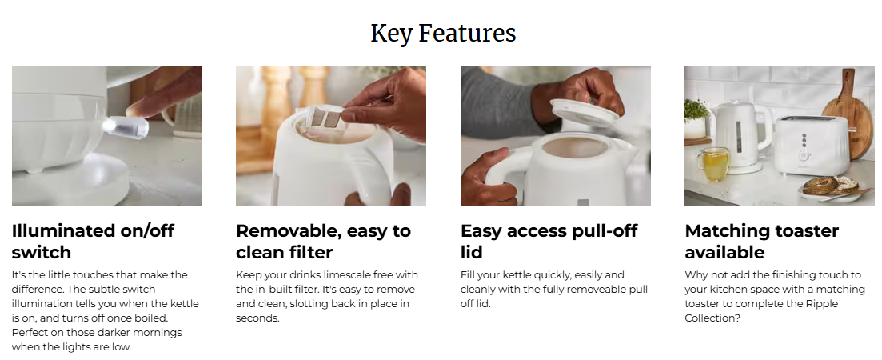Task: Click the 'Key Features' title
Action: (443, 33)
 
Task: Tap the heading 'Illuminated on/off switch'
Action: (93, 242)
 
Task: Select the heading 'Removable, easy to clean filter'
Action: (323, 242)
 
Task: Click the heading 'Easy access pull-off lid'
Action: (549, 242)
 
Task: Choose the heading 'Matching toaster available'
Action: (761, 242)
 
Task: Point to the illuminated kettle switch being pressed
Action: (126, 126)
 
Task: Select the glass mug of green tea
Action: (714, 164)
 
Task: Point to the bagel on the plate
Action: (830, 186)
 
